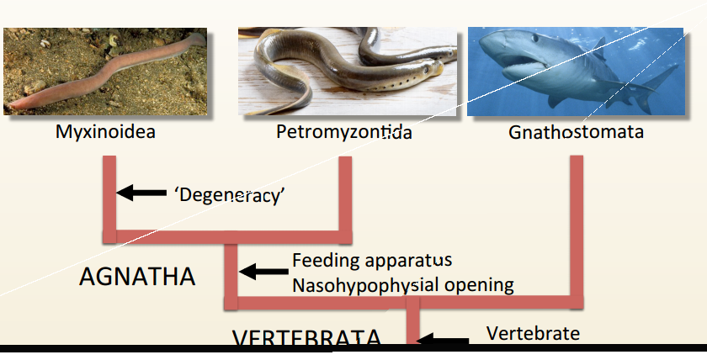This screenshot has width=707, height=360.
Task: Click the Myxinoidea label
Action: [x=106, y=132]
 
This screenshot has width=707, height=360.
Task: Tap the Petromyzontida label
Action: [x=343, y=132]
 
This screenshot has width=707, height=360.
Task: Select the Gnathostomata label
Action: [x=577, y=132]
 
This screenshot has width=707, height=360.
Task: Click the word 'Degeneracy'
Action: [x=230, y=194]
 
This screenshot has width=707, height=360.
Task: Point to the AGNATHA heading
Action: [x=137, y=277]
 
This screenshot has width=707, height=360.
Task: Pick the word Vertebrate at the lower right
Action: [x=534, y=333]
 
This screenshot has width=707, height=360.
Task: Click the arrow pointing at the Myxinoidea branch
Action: [x=141, y=193]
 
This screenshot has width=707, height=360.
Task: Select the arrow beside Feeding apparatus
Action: [x=263, y=272]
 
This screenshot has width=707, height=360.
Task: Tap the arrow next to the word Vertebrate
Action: [x=444, y=341]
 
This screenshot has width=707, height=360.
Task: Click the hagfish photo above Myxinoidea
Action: [x=105, y=71]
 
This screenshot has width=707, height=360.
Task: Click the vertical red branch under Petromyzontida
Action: [x=343, y=193]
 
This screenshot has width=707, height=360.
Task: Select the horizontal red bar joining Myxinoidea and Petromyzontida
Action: [x=227, y=235]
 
